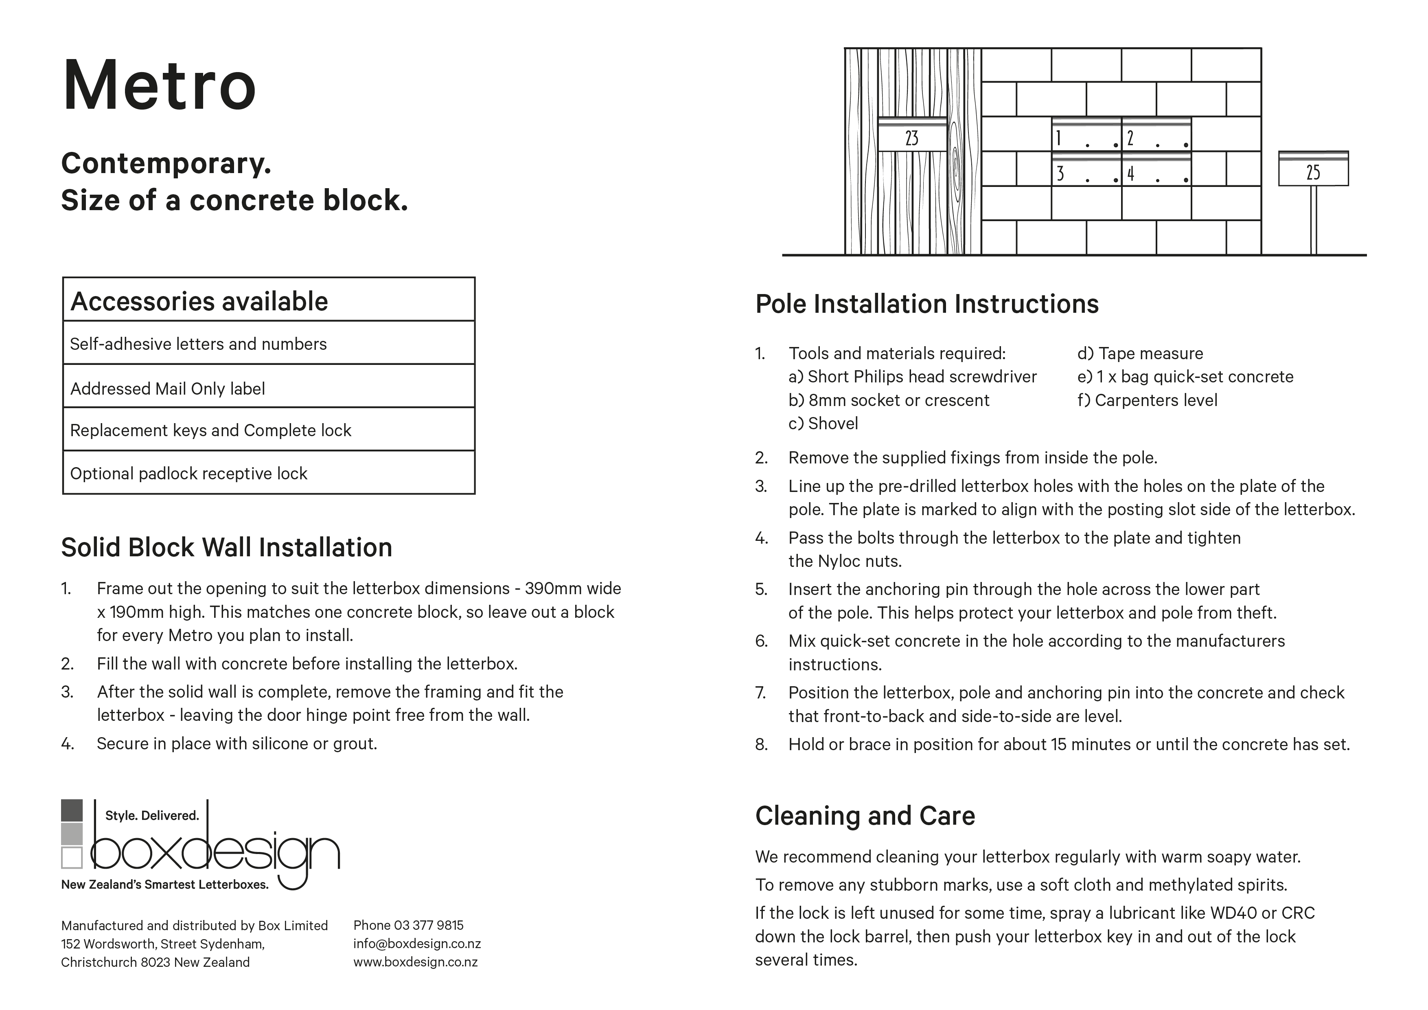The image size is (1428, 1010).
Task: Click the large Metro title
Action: tap(159, 85)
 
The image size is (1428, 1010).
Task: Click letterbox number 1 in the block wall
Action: tap(1086, 134)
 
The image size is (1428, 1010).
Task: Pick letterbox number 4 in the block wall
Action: tap(1156, 169)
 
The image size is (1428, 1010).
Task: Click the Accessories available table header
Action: tap(199, 301)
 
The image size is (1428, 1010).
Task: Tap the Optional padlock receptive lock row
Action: tap(188, 474)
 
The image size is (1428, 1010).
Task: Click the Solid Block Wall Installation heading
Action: tap(226, 548)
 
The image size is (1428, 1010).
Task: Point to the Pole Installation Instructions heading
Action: tap(927, 304)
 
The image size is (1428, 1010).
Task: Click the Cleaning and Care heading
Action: tap(865, 816)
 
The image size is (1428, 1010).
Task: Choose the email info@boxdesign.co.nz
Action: tap(417, 944)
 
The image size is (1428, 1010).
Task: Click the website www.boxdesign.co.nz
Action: tap(416, 962)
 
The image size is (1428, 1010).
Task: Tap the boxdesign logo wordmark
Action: tap(215, 851)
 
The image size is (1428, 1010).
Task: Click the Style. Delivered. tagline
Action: tap(152, 815)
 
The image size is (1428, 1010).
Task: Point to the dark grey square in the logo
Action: tap(72, 810)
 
